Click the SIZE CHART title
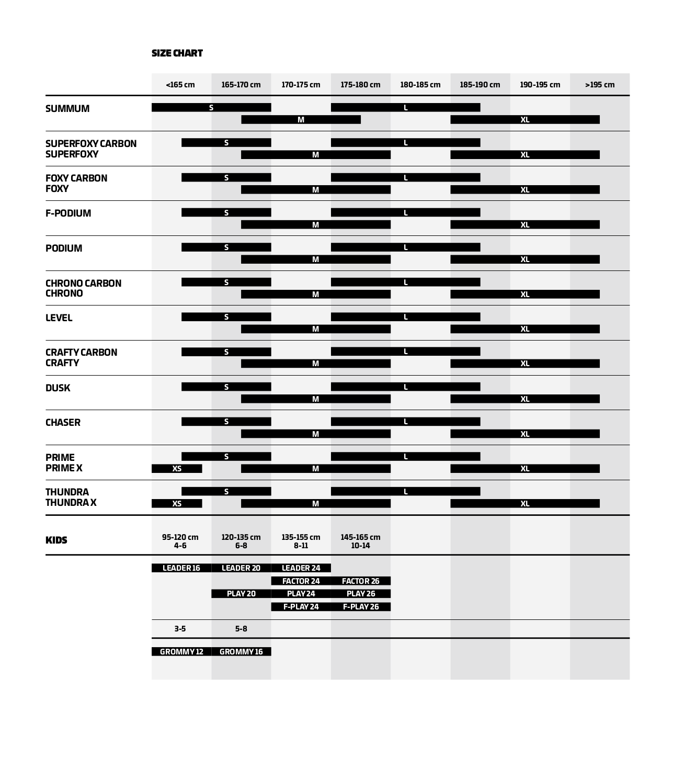[177, 53]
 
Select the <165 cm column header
[180, 85]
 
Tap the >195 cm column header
[600, 85]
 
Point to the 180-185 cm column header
[420, 85]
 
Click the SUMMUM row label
[67, 109]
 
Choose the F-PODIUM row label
[68, 213]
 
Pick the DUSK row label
[58, 388]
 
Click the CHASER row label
[63, 423]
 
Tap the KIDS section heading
[56, 540]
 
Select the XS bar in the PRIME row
[177, 469]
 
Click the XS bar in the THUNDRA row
[177, 504]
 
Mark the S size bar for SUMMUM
[211, 108]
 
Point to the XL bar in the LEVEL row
[525, 329]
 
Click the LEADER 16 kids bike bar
[181, 568]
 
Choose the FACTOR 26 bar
[360, 581]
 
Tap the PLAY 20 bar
[241, 594]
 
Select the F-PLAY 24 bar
[301, 607]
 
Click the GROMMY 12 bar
[181, 652]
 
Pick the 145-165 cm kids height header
[360, 541]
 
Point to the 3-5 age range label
[180, 629]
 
